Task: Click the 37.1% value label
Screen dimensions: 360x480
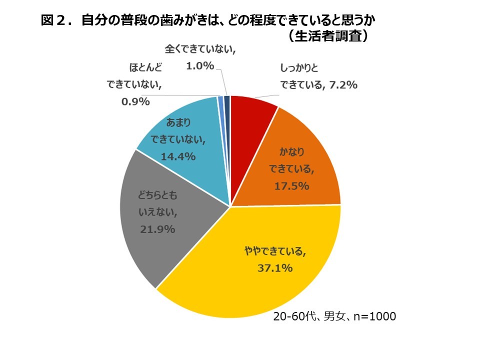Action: pos(275,268)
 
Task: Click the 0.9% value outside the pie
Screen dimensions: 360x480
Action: pos(136,102)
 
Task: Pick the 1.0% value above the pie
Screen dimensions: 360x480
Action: pos(199,65)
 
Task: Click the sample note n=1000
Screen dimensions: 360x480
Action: pos(374,316)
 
